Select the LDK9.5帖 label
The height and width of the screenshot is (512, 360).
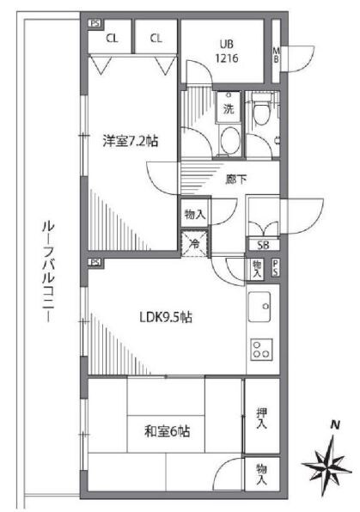pos(166,317)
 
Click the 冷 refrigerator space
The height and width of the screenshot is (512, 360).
pos(194,242)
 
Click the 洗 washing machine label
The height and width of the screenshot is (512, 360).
pos(229,109)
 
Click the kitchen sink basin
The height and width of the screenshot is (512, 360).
pos(260,305)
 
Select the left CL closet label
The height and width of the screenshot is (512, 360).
pos(113,38)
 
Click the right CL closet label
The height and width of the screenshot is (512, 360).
pos(156,38)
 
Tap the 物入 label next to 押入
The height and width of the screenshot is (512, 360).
pos(260,475)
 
